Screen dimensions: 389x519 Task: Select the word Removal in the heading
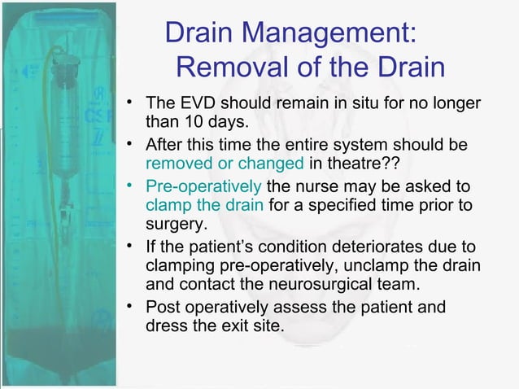(x=230, y=66)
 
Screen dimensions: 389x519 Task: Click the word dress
(x=165, y=326)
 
